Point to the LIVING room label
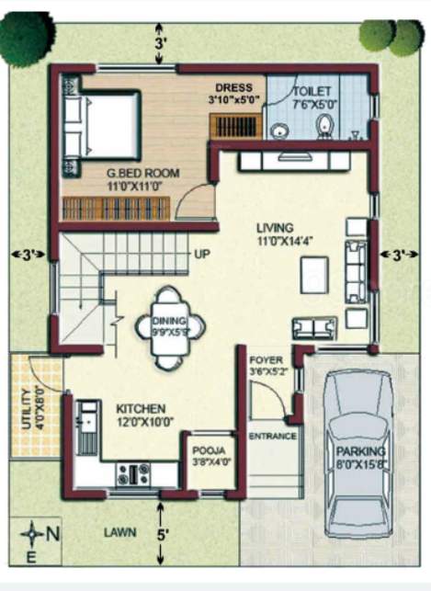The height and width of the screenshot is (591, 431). pyautogui.click(x=275, y=227)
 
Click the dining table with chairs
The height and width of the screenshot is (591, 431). pyautogui.click(x=168, y=327)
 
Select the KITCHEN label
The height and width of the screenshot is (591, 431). pyautogui.click(x=140, y=407)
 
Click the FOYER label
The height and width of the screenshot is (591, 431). pyautogui.click(x=267, y=360)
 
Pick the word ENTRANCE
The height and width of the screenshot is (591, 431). pyautogui.click(x=273, y=436)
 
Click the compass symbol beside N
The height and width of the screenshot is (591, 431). pyautogui.click(x=34, y=532)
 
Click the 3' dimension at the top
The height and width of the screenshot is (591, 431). pyautogui.click(x=162, y=43)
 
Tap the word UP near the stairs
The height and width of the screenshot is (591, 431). pyautogui.click(x=201, y=255)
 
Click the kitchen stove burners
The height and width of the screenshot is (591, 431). pyautogui.click(x=134, y=473)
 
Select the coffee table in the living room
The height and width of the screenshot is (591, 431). pyautogui.click(x=313, y=271)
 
